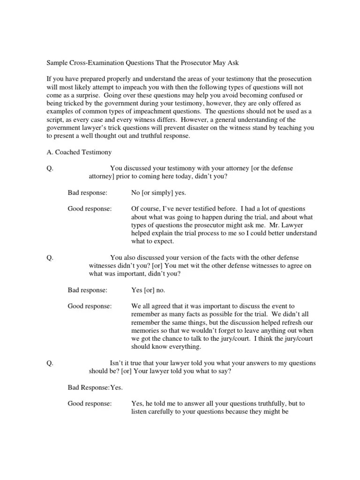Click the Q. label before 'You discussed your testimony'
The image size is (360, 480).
50,168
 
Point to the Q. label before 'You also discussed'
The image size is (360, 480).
50,257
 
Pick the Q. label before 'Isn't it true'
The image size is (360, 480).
50,363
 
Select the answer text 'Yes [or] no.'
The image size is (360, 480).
148,290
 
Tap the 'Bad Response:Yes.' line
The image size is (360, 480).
95,387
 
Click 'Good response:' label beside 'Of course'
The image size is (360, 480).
90,209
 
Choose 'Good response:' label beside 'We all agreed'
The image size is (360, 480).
90,306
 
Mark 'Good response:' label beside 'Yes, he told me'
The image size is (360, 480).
90,403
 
